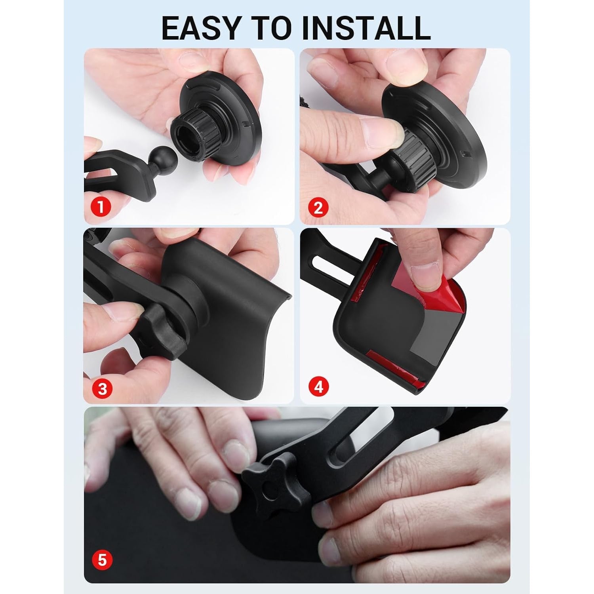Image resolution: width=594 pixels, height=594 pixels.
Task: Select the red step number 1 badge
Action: click(x=101, y=207)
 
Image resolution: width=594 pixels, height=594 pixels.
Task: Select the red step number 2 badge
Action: click(x=318, y=207)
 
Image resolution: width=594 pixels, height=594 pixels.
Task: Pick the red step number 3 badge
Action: click(x=102, y=388)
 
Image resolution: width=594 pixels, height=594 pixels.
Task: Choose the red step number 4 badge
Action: click(x=319, y=387)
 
